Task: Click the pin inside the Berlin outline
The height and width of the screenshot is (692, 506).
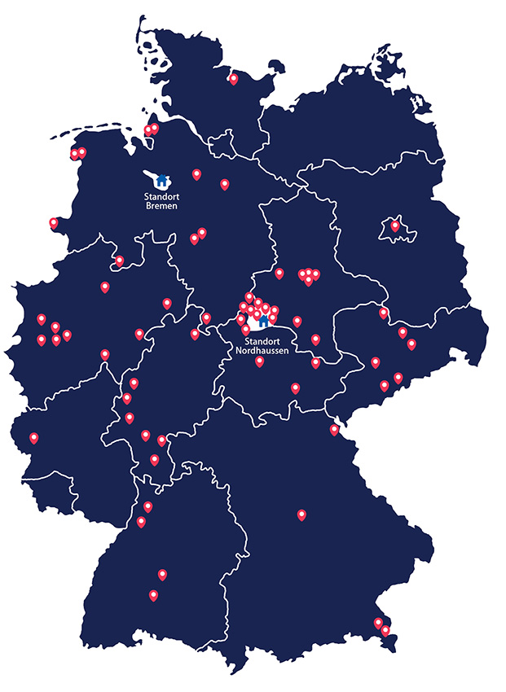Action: pyautogui.click(x=395, y=226)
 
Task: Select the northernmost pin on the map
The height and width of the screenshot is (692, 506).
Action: pyautogui.click(x=234, y=79)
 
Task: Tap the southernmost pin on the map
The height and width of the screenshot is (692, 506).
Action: pyautogui.click(x=385, y=630)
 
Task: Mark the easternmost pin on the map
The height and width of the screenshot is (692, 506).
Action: pyautogui.click(x=411, y=344)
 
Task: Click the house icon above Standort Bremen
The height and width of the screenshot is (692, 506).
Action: pyautogui.click(x=161, y=179)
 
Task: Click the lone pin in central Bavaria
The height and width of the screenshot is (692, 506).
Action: pyautogui.click(x=301, y=514)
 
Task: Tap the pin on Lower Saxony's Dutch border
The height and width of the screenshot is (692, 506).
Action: pyautogui.click(x=54, y=222)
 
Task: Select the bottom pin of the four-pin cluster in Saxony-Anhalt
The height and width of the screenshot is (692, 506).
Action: pyautogui.click(x=309, y=281)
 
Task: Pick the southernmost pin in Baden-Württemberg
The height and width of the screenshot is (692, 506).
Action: pyautogui.click(x=153, y=595)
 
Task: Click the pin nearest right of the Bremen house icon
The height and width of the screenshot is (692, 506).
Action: pyautogui.click(x=196, y=173)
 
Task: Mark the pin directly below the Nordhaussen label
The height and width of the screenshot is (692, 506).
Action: pyautogui.click(x=259, y=361)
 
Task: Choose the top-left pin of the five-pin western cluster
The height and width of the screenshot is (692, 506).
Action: pyautogui.click(x=42, y=318)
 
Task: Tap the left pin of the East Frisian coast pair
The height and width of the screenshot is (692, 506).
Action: pyautogui.click(x=74, y=153)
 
